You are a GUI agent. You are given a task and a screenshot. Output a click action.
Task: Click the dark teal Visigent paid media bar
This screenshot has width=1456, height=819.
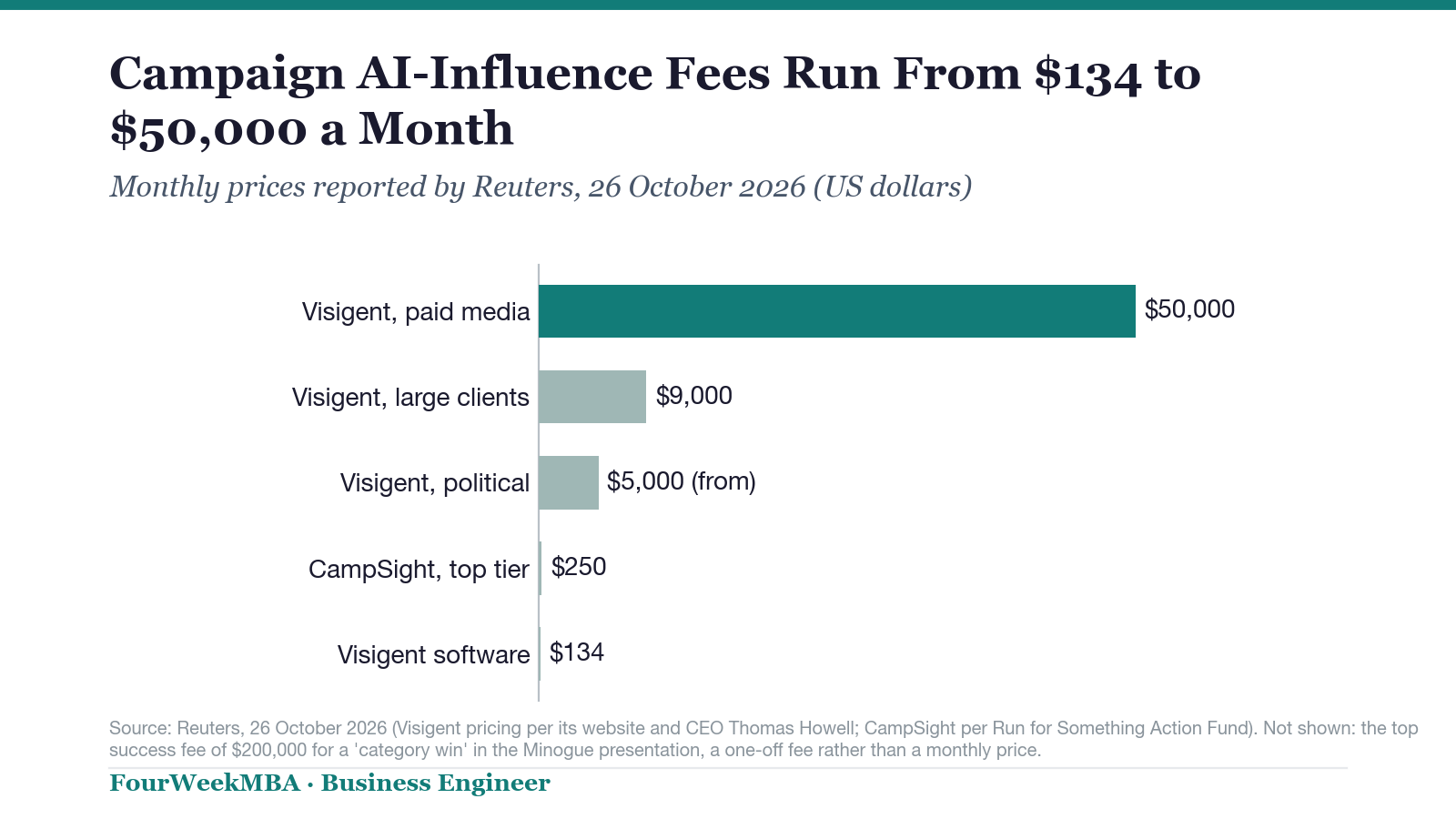click(836, 310)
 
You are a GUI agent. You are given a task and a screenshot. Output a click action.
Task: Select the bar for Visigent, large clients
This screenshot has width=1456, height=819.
click(592, 397)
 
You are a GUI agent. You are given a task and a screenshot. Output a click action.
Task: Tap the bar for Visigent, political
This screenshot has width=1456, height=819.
click(568, 482)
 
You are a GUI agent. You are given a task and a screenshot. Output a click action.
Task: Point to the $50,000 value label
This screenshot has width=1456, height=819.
click(1189, 309)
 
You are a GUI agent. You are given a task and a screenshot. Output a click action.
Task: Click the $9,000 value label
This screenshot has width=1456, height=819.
click(693, 395)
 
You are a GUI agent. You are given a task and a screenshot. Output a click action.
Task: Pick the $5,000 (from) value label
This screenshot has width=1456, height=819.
click(682, 481)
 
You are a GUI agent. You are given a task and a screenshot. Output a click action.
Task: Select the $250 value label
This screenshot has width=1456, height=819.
click(579, 567)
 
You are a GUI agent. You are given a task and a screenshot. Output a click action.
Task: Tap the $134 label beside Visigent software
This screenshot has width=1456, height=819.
click(577, 652)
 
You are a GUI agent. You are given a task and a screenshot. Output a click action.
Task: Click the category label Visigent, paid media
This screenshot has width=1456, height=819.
click(416, 312)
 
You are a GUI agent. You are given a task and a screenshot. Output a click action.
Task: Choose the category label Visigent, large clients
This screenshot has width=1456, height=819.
click(410, 398)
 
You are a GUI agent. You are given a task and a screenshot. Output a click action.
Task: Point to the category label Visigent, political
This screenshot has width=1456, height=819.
click(435, 483)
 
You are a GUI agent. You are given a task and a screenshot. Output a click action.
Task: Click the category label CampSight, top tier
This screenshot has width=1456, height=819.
click(419, 570)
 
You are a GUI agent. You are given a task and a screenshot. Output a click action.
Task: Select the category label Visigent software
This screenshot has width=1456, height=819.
click(433, 654)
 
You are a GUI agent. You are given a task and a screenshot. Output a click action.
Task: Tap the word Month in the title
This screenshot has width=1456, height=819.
click(436, 128)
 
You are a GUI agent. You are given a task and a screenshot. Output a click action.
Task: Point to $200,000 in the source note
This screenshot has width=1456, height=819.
click(268, 750)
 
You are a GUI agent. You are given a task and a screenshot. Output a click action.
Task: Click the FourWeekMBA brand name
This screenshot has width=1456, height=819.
click(205, 784)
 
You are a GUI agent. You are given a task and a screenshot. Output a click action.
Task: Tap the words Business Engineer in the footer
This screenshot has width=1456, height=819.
click(436, 784)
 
